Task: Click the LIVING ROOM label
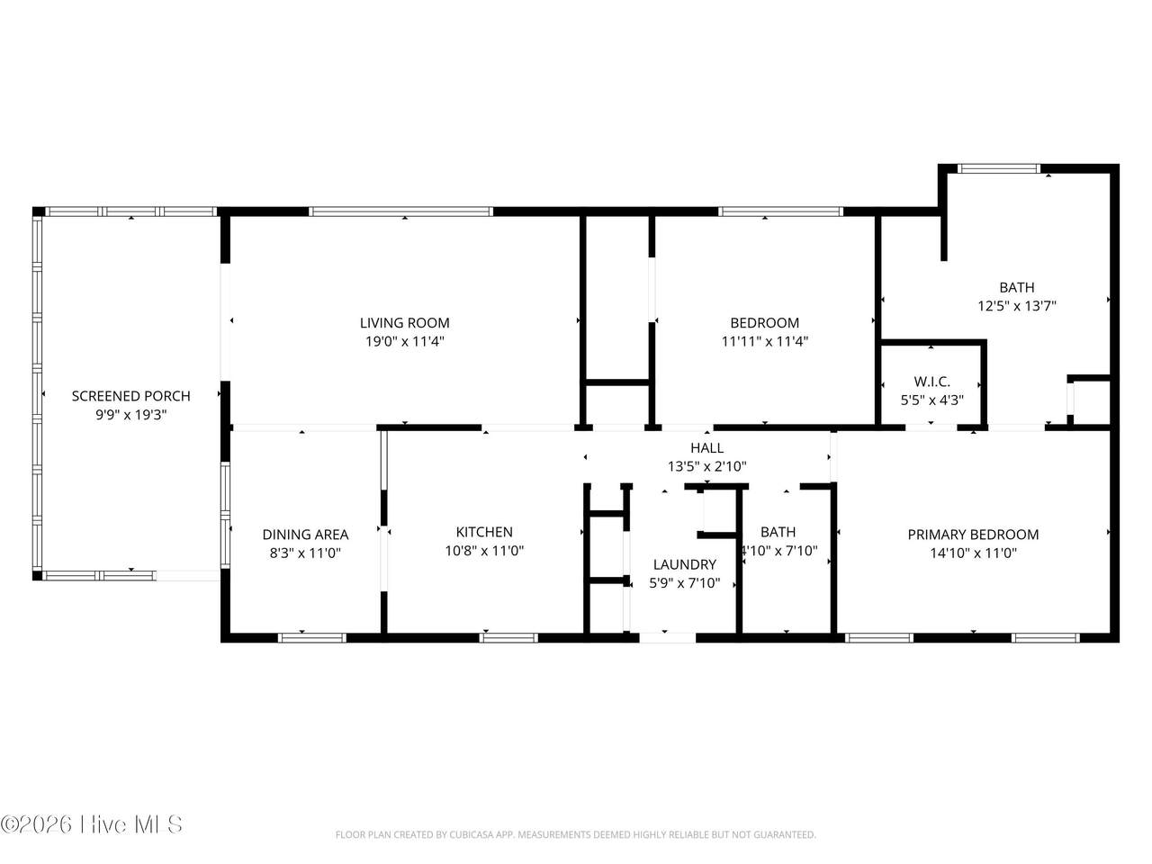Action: coord(404,322)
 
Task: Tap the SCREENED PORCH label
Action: coord(130,396)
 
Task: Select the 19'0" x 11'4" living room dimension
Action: coord(405,341)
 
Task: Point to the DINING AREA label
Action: coord(305,535)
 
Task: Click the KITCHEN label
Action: coord(484,532)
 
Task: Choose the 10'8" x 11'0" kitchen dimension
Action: coord(484,551)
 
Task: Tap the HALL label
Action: coord(706,448)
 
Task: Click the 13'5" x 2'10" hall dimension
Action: coord(706,466)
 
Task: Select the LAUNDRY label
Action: coord(684,564)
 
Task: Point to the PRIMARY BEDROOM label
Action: coord(973,535)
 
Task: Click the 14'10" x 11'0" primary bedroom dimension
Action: coord(974,553)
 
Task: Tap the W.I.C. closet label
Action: coord(931,382)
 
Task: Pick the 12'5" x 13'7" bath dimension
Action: coord(1017,306)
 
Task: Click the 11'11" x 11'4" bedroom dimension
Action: coord(765,341)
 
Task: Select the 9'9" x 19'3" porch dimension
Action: coord(130,415)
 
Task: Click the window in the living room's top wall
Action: coord(400,211)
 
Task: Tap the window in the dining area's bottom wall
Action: coord(311,638)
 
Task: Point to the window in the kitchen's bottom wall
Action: coord(508,638)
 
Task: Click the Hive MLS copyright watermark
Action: coord(92,824)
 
